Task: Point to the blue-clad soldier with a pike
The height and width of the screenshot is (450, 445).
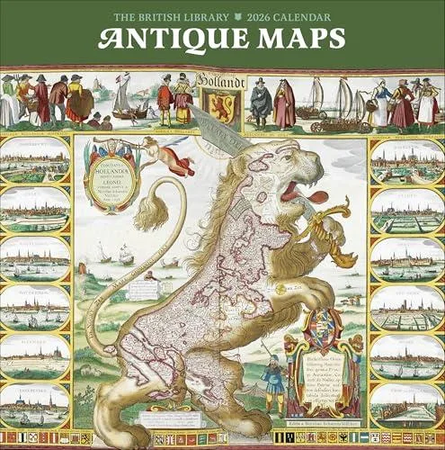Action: [276, 382]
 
